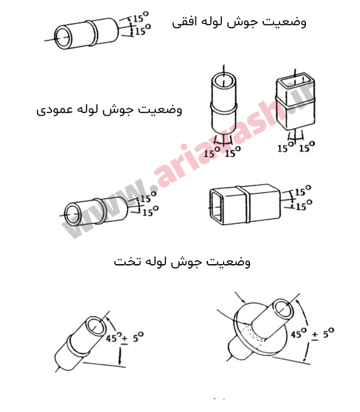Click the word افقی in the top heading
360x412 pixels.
(x=184, y=23)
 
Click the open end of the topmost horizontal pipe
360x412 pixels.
(x=62, y=37)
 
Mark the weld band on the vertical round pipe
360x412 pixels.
(x=224, y=108)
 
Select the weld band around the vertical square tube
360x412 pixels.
(x=295, y=103)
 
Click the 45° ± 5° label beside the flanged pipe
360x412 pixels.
(x=312, y=334)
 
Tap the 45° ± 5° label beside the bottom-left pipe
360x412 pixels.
(x=125, y=337)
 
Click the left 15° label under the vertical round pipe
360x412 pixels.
(x=212, y=152)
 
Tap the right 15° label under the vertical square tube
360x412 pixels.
(x=307, y=147)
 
